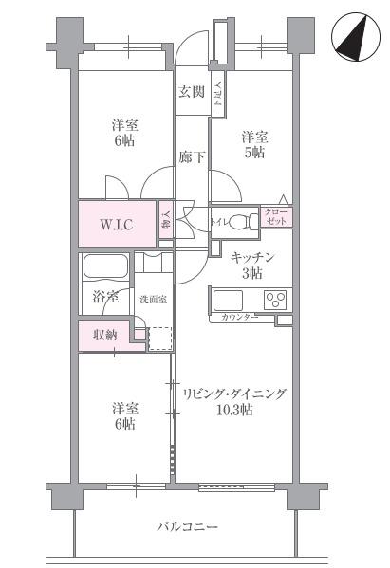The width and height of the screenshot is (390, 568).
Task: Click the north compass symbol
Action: (x=356, y=37)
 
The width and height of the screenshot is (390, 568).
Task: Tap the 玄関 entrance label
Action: (x=192, y=92)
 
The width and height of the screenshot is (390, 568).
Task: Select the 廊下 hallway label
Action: (x=192, y=157)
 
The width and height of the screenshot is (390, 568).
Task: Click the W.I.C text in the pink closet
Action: (x=117, y=225)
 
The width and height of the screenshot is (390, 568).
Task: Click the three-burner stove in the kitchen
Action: (x=277, y=301)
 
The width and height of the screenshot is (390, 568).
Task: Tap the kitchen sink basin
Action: (x=228, y=301)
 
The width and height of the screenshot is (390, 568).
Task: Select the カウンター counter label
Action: (x=239, y=318)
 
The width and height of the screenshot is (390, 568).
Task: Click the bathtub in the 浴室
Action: (x=105, y=267)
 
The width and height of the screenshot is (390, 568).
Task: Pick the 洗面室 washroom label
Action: (x=154, y=300)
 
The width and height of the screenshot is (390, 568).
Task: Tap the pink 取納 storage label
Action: (x=105, y=335)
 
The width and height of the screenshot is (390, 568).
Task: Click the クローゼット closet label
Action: (x=276, y=216)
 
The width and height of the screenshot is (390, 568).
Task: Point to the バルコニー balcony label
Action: (x=188, y=526)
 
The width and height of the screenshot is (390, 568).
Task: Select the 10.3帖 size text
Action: (x=234, y=410)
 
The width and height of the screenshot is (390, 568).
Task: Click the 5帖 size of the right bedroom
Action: (x=253, y=153)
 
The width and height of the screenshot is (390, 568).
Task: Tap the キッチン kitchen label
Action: (x=252, y=258)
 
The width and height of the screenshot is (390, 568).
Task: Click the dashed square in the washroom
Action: (x=159, y=339)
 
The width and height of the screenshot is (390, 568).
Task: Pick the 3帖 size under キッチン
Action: (x=252, y=273)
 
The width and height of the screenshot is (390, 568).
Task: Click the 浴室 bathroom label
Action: (x=105, y=298)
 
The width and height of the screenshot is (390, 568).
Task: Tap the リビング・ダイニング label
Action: (x=234, y=394)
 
